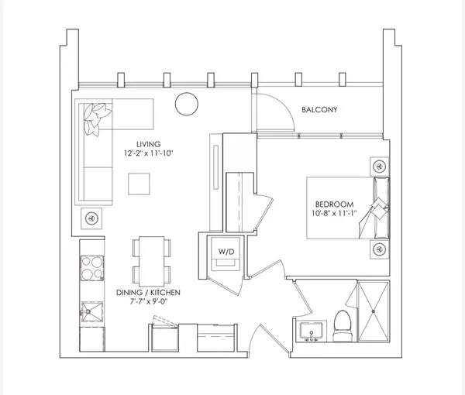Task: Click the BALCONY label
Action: pos(319,110)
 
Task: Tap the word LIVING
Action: pos(149,144)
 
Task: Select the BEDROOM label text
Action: pos(334,204)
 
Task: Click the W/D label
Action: pos(226,252)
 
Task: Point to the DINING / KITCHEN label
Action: pos(148,293)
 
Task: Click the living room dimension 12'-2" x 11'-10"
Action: pos(148,153)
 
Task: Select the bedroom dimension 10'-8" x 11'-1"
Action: pos(334,213)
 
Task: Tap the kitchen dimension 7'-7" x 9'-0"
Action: pos(148,301)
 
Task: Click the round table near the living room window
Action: pos(187,104)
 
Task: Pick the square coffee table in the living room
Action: pos(139,184)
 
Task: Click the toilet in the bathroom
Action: pos(343,326)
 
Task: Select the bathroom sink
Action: pos(311,331)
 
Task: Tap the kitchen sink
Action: pos(92,311)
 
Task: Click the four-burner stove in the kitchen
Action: pos(92,268)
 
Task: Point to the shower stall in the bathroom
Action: pos(374,311)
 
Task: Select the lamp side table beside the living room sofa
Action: pos(91,218)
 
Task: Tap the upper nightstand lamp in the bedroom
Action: pos(379,167)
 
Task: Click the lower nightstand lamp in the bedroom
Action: pos(379,249)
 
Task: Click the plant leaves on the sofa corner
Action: pos(96,118)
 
